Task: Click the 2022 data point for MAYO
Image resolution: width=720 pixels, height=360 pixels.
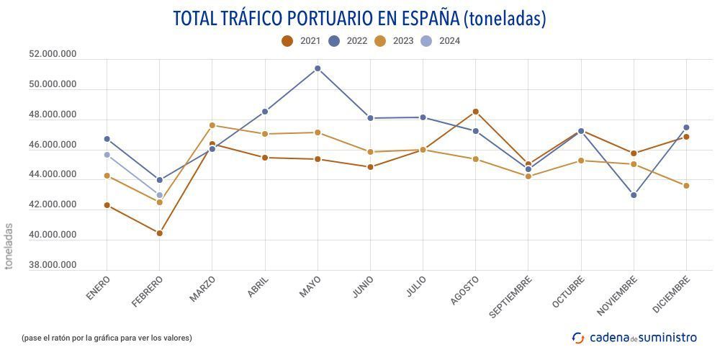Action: (x=318, y=68)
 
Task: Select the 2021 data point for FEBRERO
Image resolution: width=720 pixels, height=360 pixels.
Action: (x=159, y=233)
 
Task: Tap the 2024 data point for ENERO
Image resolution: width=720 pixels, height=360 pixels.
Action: (x=107, y=155)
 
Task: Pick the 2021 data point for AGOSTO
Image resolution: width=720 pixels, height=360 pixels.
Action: (x=475, y=112)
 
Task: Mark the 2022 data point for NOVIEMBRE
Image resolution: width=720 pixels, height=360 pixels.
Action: (x=634, y=195)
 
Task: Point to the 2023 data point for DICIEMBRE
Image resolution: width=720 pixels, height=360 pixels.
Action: (x=686, y=186)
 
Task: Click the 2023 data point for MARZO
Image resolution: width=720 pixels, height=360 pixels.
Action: (x=212, y=125)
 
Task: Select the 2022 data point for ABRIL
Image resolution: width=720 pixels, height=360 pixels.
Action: (x=265, y=112)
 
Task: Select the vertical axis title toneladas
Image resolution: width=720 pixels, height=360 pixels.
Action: (x=9, y=246)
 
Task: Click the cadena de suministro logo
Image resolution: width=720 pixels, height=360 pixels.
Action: (x=634, y=337)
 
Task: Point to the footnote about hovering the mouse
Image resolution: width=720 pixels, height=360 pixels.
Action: (x=107, y=338)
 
